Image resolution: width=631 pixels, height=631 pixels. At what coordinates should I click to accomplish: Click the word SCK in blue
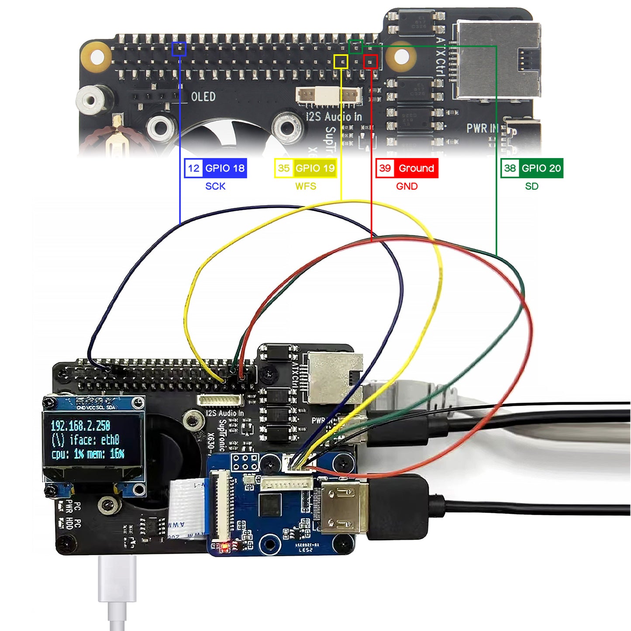[215, 186]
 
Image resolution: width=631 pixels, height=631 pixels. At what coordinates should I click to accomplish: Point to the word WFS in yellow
[306, 186]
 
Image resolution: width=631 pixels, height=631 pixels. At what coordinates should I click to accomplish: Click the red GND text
[407, 186]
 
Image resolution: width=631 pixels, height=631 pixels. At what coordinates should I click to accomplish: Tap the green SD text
[531, 186]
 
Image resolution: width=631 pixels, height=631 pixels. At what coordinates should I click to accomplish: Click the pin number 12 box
[193, 168]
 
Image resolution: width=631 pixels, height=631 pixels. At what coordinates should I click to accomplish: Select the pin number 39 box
[385, 168]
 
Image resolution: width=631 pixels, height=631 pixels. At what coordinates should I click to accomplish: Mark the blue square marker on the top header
[179, 49]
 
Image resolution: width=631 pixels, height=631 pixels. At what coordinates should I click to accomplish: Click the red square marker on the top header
[370, 62]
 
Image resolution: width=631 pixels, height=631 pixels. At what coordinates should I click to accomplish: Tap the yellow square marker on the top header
[341, 62]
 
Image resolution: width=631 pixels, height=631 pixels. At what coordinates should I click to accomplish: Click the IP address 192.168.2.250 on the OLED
[80, 426]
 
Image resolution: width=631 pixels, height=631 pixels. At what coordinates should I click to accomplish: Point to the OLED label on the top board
[203, 97]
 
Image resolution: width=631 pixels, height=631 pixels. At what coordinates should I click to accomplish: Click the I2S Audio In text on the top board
[334, 117]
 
